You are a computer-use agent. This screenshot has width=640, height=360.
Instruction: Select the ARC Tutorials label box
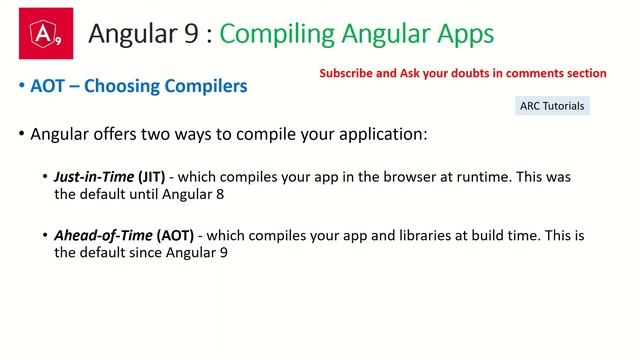(x=552, y=105)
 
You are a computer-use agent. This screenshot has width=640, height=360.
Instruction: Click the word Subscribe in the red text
(x=346, y=73)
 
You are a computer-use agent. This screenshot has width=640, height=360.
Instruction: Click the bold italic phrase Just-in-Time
(x=95, y=177)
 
